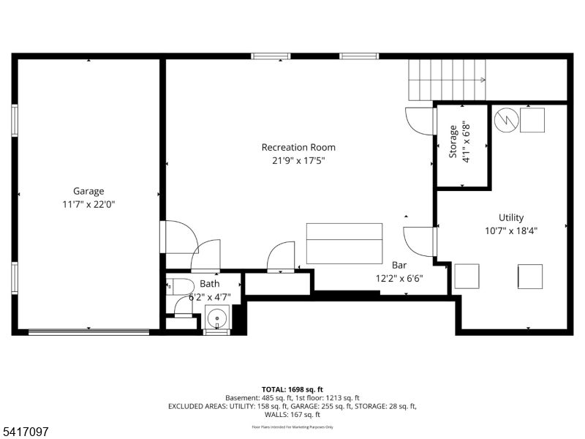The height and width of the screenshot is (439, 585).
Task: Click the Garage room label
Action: [x=88, y=191]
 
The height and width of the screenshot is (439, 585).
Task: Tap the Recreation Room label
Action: [x=298, y=147]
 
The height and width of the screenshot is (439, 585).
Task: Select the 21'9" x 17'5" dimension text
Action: [x=298, y=161]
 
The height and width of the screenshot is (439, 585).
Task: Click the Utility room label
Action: [x=511, y=217]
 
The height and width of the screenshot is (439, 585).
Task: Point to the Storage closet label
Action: [x=453, y=141]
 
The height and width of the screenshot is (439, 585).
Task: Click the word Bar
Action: [x=399, y=265]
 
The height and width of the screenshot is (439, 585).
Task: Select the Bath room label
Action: [x=209, y=284]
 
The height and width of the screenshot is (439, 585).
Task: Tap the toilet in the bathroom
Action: [x=179, y=286]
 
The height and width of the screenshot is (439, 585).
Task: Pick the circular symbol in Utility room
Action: [x=505, y=120]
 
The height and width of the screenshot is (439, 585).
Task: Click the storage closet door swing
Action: [x=419, y=121]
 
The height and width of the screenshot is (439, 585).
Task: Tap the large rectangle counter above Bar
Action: [x=344, y=244]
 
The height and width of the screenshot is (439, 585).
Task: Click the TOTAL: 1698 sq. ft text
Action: [x=292, y=389]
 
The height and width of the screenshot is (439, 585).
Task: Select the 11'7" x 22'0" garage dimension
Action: [x=88, y=205]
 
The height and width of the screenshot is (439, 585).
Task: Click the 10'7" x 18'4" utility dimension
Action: [x=511, y=231]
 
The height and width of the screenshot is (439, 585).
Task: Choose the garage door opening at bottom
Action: [x=88, y=333]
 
